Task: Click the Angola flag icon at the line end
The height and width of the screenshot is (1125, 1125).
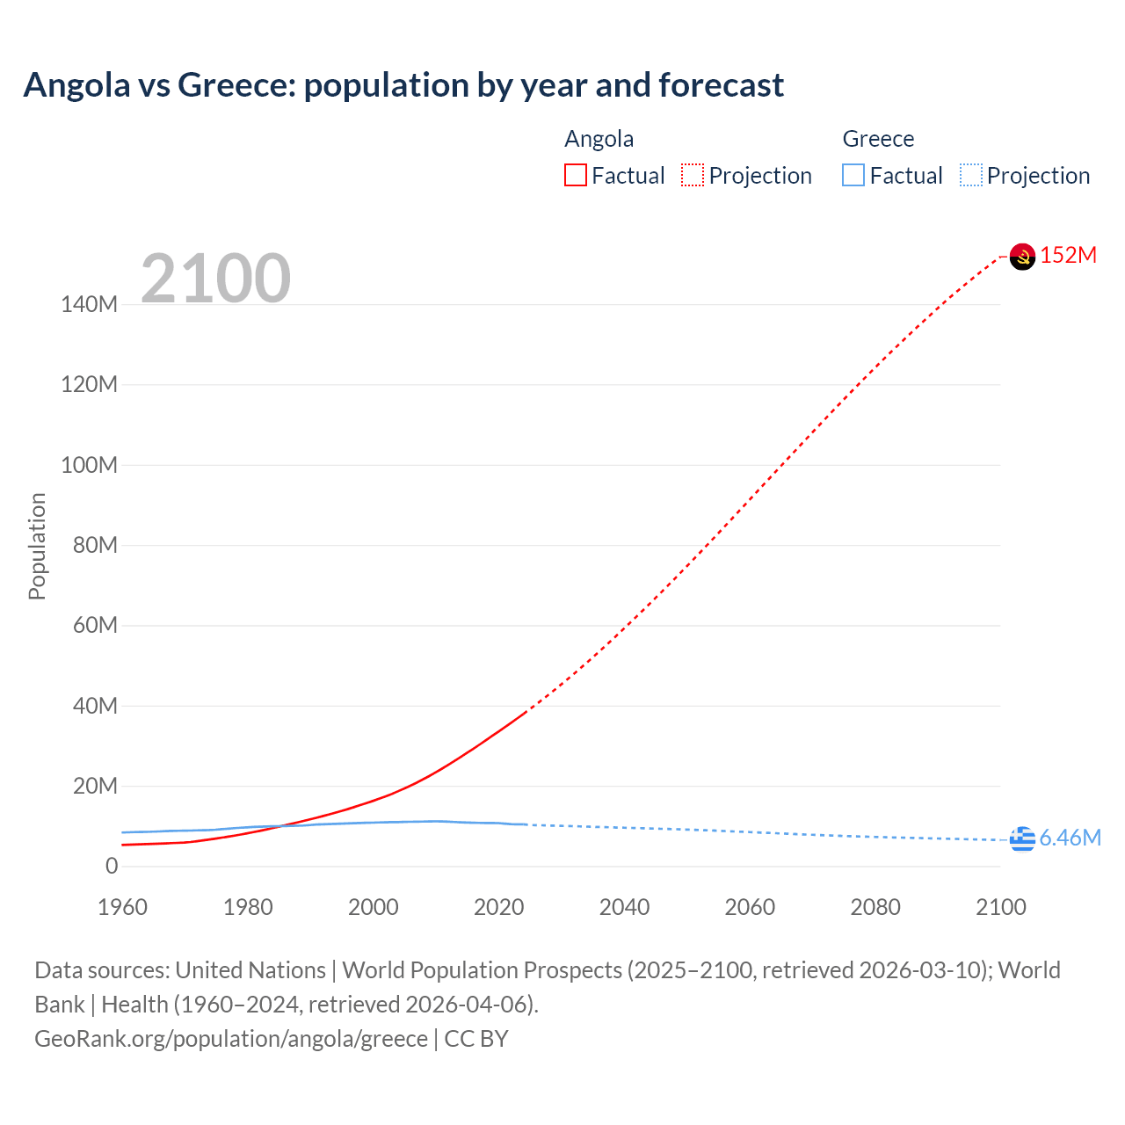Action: (x=1022, y=257)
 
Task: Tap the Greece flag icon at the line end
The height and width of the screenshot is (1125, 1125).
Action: (x=1022, y=839)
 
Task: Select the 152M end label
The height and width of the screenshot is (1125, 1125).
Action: (x=1069, y=256)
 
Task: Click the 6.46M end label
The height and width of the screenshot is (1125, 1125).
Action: (x=1071, y=838)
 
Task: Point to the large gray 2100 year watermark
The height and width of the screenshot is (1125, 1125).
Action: (x=215, y=279)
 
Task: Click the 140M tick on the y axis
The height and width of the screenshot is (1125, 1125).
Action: (x=89, y=305)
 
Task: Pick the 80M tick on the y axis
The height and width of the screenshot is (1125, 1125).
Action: (x=95, y=546)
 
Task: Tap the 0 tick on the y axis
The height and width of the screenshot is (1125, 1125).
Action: (x=112, y=867)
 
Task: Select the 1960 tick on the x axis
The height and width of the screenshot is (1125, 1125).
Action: (x=122, y=907)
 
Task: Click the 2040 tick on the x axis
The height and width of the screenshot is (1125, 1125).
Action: (x=624, y=907)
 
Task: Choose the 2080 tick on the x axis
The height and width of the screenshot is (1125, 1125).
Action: (x=875, y=907)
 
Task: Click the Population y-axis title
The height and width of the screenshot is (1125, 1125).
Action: (x=37, y=546)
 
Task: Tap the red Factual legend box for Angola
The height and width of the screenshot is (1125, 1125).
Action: (x=576, y=176)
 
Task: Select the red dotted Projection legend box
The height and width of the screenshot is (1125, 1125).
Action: (x=693, y=176)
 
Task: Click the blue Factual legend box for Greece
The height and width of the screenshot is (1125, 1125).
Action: (x=853, y=176)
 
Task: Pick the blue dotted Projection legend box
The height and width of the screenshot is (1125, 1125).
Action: (x=971, y=176)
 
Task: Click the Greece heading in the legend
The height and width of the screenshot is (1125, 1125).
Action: (x=878, y=139)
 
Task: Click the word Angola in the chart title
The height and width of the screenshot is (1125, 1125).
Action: (x=77, y=85)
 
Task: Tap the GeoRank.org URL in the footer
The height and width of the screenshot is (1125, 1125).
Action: (x=231, y=1039)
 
